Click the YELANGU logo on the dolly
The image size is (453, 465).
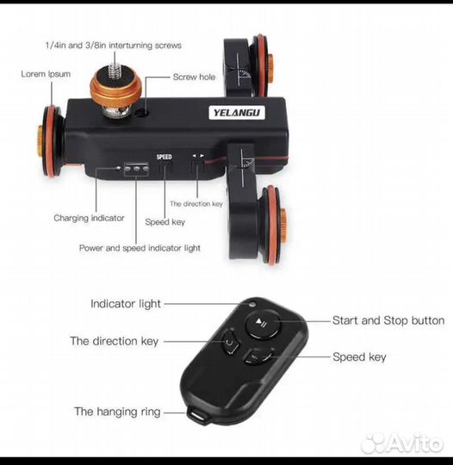click(x=237, y=113)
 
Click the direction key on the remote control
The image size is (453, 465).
click(x=230, y=343)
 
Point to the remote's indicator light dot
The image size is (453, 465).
click(x=252, y=304)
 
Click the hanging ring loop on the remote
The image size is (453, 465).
click(x=197, y=413)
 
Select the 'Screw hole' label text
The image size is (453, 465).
click(x=194, y=77)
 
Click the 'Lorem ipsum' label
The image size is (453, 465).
click(x=46, y=74)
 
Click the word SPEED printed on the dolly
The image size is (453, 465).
click(x=164, y=157)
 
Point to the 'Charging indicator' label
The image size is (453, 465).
click(x=89, y=218)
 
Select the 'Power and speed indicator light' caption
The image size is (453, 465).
click(x=140, y=248)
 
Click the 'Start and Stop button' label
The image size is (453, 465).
click(x=388, y=320)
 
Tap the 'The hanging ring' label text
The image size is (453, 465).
click(x=117, y=412)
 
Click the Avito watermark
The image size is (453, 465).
click(x=402, y=443)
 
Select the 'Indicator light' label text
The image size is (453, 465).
click(x=126, y=304)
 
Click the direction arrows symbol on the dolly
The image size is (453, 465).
click(x=198, y=155)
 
